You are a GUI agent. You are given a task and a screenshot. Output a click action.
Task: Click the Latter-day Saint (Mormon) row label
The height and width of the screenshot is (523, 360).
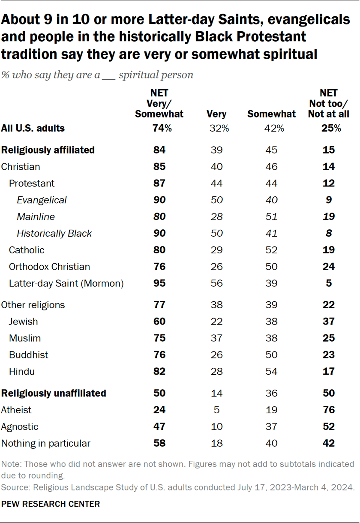(x=66, y=283)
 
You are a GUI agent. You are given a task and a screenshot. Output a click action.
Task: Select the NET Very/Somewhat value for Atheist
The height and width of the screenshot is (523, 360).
(x=159, y=410)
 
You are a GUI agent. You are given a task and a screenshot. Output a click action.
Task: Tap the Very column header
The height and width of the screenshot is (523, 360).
(x=216, y=114)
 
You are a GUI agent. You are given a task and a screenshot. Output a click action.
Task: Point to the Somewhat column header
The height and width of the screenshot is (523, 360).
(x=271, y=114)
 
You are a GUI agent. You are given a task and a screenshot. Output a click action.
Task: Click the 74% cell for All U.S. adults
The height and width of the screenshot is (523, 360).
(x=159, y=128)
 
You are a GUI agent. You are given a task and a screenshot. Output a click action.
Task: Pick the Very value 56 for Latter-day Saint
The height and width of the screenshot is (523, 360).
(x=216, y=283)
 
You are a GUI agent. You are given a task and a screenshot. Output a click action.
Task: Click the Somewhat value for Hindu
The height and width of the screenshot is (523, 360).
(x=271, y=372)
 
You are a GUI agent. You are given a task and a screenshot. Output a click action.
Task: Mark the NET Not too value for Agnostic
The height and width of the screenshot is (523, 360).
(x=328, y=427)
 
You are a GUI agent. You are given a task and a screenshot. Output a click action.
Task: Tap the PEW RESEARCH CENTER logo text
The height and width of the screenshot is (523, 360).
(x=51, y=504)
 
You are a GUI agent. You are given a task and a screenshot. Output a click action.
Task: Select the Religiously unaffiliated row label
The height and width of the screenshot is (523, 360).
(x=54, y=393)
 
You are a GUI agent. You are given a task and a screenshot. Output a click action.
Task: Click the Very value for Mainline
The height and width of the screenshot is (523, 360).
(x=216, y=217)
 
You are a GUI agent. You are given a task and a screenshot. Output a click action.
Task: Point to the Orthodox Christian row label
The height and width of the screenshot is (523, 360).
(x=49, y=267)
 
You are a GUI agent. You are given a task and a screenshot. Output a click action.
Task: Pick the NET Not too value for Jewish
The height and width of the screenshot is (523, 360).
(x=328, y=322)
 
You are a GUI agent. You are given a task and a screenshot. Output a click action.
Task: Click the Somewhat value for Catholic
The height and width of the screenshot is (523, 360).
(x=271, y=250)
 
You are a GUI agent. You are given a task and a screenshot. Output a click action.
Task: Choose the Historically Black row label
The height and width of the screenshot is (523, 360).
(x=54, y=234)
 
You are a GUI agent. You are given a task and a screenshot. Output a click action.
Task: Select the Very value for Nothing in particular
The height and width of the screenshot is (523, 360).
(x=216, y=443)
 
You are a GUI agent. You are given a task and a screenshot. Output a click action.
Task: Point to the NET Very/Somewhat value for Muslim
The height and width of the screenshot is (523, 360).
(x=159, y=338)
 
